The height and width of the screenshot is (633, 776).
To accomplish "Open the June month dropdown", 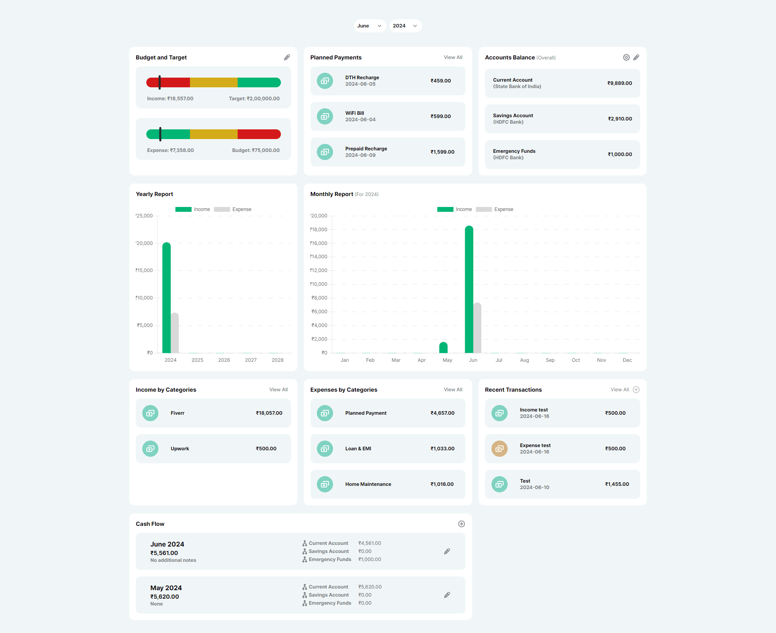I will tap(369, 26).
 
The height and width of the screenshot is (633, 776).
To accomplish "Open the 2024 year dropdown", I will tap(405, 26).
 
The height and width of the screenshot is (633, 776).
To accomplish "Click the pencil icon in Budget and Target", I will tap(287, 57).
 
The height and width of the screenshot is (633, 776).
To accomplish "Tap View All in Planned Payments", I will tap(453, 57).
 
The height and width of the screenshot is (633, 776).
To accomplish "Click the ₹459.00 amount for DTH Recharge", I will tap(441, 81).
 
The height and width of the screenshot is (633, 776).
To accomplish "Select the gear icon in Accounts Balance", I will tap(626, 57).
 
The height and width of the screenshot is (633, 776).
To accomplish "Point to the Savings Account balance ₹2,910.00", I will tap(620, 119).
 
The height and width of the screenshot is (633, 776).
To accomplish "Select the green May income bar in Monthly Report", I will tap(443, 348).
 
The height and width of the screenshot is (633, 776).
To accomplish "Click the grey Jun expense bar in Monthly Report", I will tap(477, 328).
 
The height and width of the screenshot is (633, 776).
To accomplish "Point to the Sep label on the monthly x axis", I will tap(550, 360).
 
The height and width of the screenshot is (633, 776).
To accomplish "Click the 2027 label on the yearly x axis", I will tap(251, 360).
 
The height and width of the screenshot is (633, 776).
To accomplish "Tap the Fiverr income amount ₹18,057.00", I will tap(269, 413).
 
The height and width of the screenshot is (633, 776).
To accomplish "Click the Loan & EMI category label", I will tap(358, 449).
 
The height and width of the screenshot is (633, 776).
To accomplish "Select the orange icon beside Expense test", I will tap(500, 449).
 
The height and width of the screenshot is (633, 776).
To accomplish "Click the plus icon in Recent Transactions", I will tap(636, 390).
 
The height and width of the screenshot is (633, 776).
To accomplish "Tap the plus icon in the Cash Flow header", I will tap(462, 524).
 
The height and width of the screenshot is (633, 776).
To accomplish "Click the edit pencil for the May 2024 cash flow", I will tap(447, 595).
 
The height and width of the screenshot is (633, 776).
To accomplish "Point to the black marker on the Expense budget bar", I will tap(160, 134).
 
